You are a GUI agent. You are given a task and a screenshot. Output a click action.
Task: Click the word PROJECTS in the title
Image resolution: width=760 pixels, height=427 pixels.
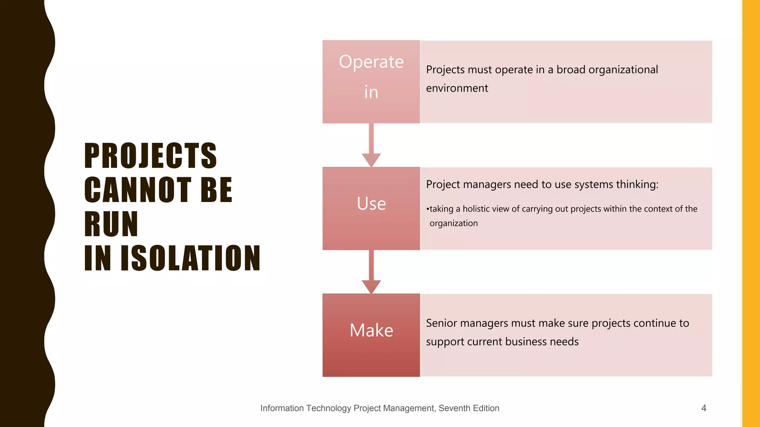[150, 156]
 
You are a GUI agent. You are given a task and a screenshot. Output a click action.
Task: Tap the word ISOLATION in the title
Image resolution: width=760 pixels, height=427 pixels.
[191, 258]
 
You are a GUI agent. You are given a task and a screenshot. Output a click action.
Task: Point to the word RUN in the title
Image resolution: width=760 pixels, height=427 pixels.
[111, 224]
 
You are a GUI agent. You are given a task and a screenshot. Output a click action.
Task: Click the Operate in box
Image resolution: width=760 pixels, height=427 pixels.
[371, 82]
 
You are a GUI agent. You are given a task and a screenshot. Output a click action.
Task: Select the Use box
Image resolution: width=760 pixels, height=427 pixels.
[371, 208]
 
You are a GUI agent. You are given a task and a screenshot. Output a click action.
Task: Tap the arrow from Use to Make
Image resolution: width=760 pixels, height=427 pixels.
[371, 272]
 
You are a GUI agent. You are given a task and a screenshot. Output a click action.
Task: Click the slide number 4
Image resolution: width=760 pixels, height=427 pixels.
[704, 408]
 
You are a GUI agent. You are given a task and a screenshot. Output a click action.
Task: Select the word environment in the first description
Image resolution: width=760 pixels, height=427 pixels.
[457, 88]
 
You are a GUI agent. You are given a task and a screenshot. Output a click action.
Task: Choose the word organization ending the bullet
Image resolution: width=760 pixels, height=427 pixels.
[453, 223]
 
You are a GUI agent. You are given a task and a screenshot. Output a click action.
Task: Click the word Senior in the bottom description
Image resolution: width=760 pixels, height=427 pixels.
[441, 323]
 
